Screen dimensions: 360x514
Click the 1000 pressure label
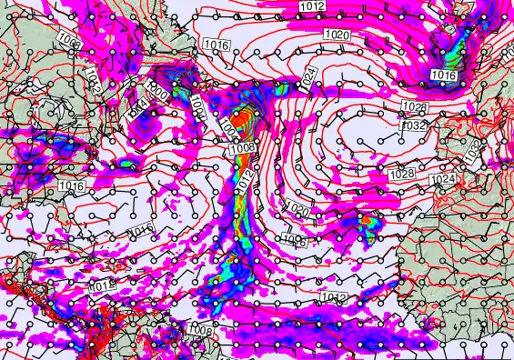pos(156,92)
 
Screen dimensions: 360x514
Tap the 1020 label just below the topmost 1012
pos(336,35)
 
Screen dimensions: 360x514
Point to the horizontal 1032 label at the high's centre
pos(413,125)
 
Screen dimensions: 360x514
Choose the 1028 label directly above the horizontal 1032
pos(414,107)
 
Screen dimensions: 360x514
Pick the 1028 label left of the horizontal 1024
pos(401,174)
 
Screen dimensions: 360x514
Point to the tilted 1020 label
pos(297,211)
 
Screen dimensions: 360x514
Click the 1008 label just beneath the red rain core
pos(242,147)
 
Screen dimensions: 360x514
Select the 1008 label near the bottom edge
pos(201,331)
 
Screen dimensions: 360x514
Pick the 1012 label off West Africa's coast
pos(332,297)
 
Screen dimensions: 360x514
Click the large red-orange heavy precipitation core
pos(241,118)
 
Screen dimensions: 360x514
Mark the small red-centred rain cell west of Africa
pos(367,220)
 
